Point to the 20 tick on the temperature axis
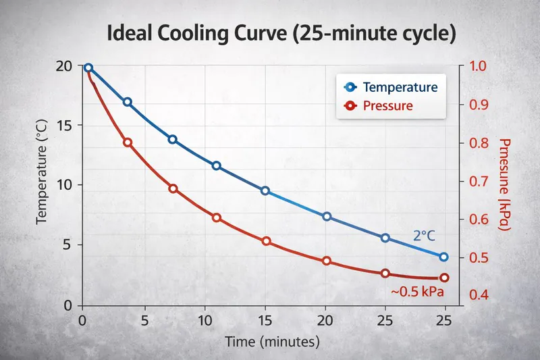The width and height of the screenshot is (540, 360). point(64,66)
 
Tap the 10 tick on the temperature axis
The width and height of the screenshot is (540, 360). point(64,184)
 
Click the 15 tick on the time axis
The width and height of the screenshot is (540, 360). point(265,319)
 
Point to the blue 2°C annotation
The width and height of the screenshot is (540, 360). point(425,236)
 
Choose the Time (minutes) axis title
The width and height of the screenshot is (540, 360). point(271,342)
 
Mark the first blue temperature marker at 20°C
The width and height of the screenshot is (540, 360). point(88,68)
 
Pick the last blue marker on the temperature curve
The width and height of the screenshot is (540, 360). point(443,257)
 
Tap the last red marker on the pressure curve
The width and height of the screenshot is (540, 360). point(443,278)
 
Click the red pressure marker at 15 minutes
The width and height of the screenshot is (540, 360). point(265,241)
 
